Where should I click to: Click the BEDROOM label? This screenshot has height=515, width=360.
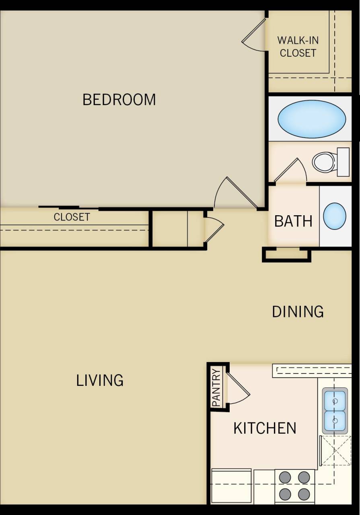pyautogui.click(x=119, y=99)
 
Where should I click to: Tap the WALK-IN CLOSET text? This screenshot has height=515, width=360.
pyautogui.click(x=298, y=47)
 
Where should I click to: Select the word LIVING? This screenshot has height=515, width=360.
pyautogui.click(x=100, y=380)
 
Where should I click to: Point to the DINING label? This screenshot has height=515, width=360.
pyautogui.click(x=298, y=312)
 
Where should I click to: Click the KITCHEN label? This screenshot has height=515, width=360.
pyautogui.click(x=265, y=428)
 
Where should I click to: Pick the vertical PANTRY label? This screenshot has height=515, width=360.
pyautogui.click(x=216, y=388)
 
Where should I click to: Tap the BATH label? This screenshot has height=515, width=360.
pyautogui.click(x=293, y=221)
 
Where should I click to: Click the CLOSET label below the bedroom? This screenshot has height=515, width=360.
pyautogui.click(x=72, y=217)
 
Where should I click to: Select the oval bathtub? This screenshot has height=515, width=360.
pyautogui.click(x=311, y=119)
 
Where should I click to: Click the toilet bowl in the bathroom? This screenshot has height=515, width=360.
pyautogui.click(x=323, y=162)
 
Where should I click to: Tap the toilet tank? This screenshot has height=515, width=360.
pyautogui.click(x=343, y=162)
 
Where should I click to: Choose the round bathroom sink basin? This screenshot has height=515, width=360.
pyautogui.click(x=335, y=216)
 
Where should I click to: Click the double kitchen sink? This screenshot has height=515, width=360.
pyautogui.click(x=335, y=411)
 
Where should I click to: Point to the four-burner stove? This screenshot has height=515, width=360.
pyautogui.click(x=294, y=486)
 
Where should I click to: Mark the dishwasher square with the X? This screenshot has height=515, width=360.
pyautogui.click(x=335, y=451)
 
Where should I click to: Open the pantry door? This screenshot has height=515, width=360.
pyautogui.click(x=237, y=389)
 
